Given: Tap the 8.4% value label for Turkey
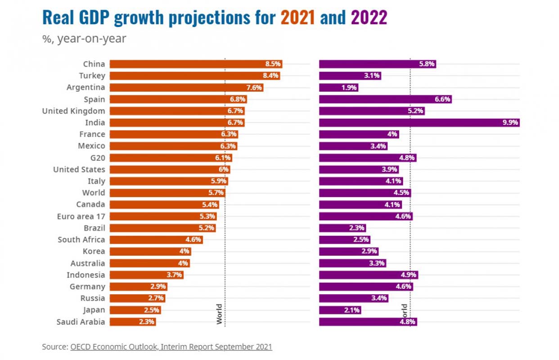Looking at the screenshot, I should tap(271, 76).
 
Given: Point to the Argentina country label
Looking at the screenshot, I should tap(86, 87).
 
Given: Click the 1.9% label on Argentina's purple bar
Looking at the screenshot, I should tap(349, 88).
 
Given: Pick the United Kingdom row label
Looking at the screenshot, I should tap(73, 111).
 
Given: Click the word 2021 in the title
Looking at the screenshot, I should tap(298, 18).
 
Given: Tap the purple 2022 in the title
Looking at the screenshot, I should tap(369, 18).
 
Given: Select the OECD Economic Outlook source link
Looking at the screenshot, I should tap(171, 346).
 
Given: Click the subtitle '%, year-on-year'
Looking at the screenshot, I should tap(84, 39).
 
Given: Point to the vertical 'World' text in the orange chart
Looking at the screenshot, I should tap(219, 314).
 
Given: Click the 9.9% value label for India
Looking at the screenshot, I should tap(510, 122).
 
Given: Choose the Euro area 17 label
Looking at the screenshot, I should tap(81, 216).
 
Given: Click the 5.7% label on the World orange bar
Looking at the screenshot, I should tap(216, 193).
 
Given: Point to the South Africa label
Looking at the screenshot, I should tap(81, 239).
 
